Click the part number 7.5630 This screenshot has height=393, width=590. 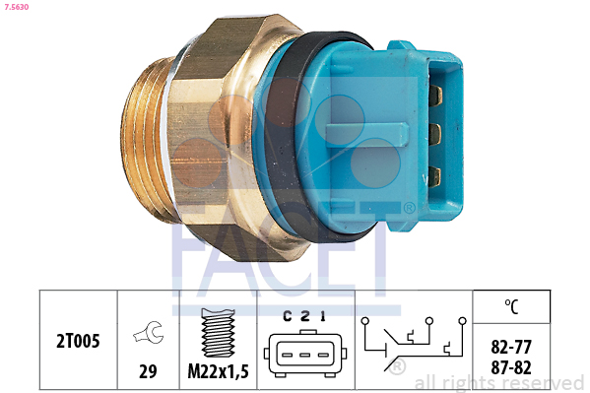click(17, 7)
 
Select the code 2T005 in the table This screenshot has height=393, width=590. click(78, 341)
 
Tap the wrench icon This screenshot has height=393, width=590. click(149, 332)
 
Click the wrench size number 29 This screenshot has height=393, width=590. click(148, 371)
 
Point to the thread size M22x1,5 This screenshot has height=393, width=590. click(219, 372)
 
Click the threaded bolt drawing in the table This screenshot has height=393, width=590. click(219, 332)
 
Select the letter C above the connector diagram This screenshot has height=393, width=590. click(288, 316)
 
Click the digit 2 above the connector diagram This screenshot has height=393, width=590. click(305, 316)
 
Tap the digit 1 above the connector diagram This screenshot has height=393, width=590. click(322, 316)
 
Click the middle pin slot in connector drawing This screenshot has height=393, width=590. click(304, 355)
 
